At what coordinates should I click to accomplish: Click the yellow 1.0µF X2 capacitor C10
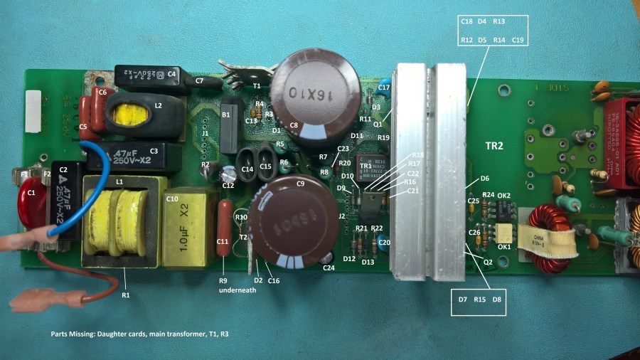[x=186, y=228]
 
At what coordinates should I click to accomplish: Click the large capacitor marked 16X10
[x=305, y=92]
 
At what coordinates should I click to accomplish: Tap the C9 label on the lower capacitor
[x=300, y=184]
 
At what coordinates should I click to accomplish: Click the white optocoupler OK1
[x=504, y=233]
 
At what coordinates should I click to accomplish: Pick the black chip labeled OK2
[x=507, y=208]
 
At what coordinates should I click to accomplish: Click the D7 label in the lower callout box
[x=463, y=300]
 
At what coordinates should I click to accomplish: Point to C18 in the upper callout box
[x=466, y=22]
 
